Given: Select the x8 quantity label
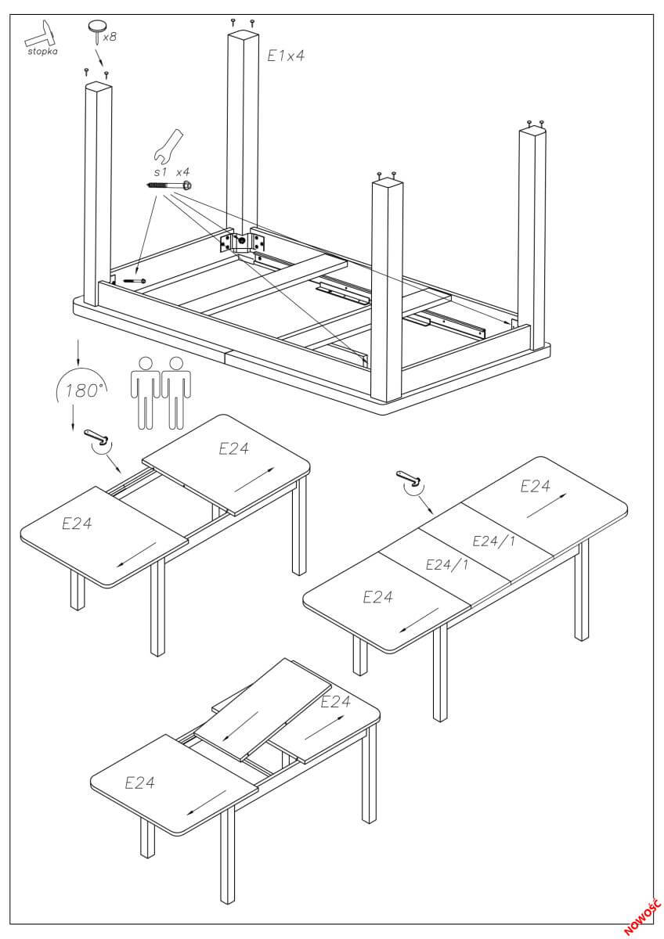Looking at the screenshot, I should tap(109, 36).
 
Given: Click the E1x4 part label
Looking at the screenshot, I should tap(285, 56).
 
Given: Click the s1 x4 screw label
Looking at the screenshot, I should tap(171, 171).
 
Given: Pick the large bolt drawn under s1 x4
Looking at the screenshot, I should tap(170, 185).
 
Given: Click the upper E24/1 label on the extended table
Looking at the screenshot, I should tap(494, 541).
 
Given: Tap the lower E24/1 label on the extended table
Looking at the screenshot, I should tap(447, 564).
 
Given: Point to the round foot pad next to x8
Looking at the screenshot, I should tap(97, 28).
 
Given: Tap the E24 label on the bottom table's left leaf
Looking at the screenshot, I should tap(139, 782).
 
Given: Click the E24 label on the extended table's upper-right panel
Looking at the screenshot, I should tap(536, 486).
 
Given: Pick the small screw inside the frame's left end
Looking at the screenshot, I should tap(135, 281).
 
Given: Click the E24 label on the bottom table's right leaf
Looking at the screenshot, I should tap(336, 702).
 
